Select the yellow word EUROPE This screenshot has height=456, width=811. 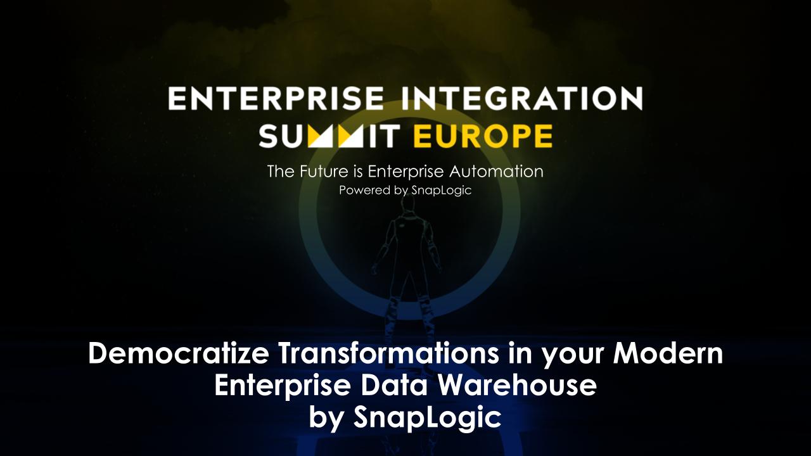click(x=483, y=136)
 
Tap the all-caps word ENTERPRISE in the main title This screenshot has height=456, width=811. click(x=276, y=98)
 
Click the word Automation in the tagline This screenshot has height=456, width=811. click(x=496, y=172)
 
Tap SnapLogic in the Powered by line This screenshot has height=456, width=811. click(x=442, y=191)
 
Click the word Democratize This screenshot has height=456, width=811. click(x=179, y=353)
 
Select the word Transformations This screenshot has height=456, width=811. click(x=389, y=353)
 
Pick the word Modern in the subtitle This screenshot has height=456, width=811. click(x=668, y=353)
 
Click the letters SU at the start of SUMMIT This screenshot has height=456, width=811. click(x=283, y=136)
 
